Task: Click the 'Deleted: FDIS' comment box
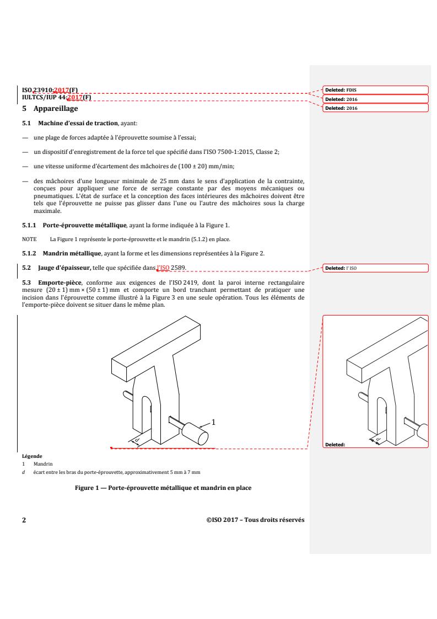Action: point(375,89)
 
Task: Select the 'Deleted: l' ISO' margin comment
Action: point(375,269)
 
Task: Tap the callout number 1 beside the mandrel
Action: point(214,421)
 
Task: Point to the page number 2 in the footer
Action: point(23,520)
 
